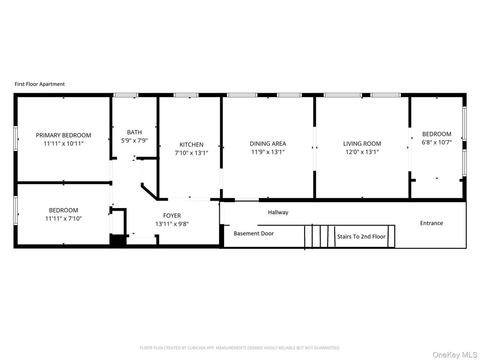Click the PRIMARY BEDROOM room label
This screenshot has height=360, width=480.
point(63,135)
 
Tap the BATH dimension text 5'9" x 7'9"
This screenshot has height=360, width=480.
point(135,141)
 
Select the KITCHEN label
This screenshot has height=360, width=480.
point(191,144)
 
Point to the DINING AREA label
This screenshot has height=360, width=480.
point(268,143)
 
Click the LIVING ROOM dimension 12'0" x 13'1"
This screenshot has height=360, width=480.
point(362,152)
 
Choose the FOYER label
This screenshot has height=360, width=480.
point(172,216)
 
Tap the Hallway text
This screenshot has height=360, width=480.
point(278,212)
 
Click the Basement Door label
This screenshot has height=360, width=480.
point(254,233)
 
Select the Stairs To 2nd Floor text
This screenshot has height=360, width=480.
point(361,236)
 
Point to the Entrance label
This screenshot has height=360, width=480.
point(431,223)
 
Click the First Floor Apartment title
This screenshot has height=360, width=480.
point(40,84)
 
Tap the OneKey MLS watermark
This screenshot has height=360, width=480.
point(455,355)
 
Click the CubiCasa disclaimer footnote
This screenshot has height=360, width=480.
point(240,348)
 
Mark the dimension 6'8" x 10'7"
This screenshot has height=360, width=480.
point(437,142)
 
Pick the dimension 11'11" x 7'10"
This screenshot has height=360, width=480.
point(63,218)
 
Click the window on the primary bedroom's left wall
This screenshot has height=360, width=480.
point(15,139)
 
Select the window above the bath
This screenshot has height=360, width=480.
point(126,95)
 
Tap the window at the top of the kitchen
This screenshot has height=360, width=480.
point(186,95)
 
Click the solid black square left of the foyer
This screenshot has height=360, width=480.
point(118,240)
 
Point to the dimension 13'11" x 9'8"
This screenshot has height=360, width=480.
point(172,224)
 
